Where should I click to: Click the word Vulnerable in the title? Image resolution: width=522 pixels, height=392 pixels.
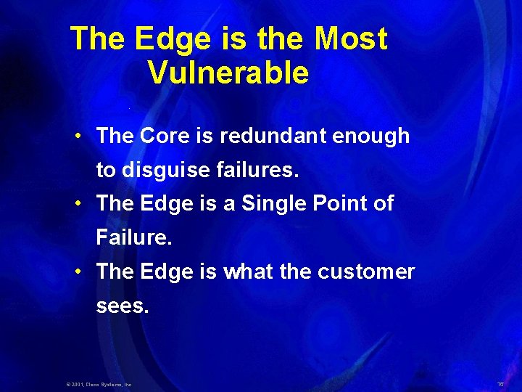click(x=228, y=73)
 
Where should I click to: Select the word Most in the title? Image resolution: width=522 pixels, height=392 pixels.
click(x=351, y=38)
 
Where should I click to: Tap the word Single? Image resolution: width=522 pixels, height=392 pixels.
click(x=275, y=205)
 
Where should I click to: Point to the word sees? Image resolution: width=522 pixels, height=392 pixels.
click(x=122, y=307)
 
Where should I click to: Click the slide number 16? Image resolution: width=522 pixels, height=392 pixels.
click(x=500, y=383)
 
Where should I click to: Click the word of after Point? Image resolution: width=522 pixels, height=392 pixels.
click(x=384, y=204)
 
